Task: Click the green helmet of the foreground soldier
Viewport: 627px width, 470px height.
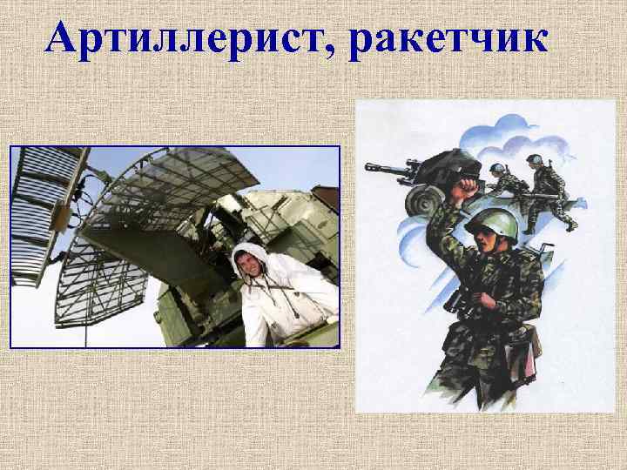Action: [491, 221]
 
